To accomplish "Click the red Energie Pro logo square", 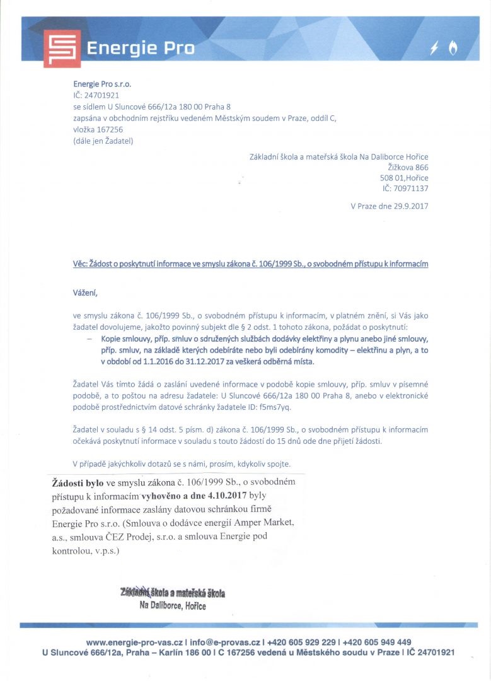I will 62,49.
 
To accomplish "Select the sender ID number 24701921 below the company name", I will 96,95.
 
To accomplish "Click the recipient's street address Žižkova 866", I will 408,167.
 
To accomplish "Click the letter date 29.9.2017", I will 410,206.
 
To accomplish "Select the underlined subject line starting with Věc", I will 251,264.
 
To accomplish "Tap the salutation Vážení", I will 86,293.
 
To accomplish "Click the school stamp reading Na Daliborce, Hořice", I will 173,599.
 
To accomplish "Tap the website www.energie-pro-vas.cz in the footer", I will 134,642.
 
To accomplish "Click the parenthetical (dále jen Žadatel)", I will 103,141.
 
